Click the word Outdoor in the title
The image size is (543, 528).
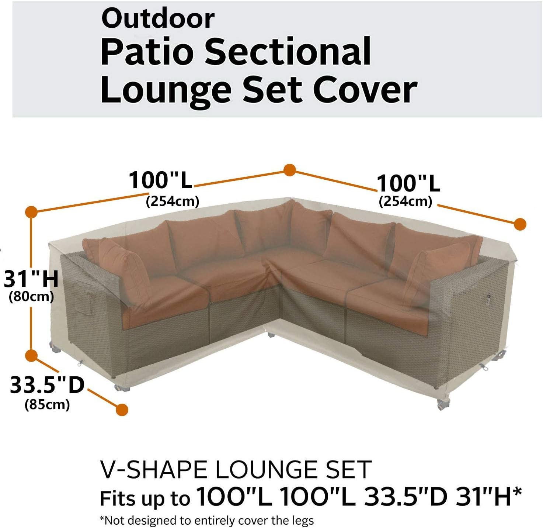pyautogui.click(x=158, y=18)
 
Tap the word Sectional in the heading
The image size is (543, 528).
pyautogui.click(x=288, y=52)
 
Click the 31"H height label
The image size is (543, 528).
pyautogui.click(x=31, y=279)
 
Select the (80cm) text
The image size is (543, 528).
pyautogui.click(x=31, y=296)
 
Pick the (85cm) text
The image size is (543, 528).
pyautogui.click(x=47, y=405)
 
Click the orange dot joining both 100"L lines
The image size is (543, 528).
pyautogui.click(x=290, y=170)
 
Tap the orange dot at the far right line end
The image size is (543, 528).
pyautogui.click(x=520, y=224)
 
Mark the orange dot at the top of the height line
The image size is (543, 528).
pyautogui.click(x=31, y=212)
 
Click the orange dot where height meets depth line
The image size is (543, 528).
pyautogui.click(x=31, y=355)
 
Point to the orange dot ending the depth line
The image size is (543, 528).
pyautogui.click(x=122, y=409)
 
